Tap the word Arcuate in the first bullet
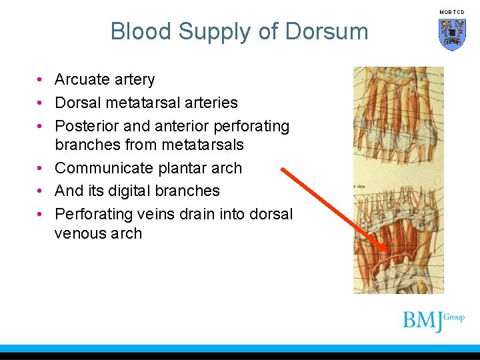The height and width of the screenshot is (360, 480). point(82,79)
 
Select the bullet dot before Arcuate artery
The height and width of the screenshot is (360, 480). point(41,80)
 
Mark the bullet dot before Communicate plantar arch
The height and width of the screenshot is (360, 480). point(41,169)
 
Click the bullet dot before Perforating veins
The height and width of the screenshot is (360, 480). point(41,215)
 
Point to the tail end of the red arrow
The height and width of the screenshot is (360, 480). point(283,169)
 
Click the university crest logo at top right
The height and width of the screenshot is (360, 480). point(452,34)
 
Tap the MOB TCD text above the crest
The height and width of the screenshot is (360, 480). point(452,12)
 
